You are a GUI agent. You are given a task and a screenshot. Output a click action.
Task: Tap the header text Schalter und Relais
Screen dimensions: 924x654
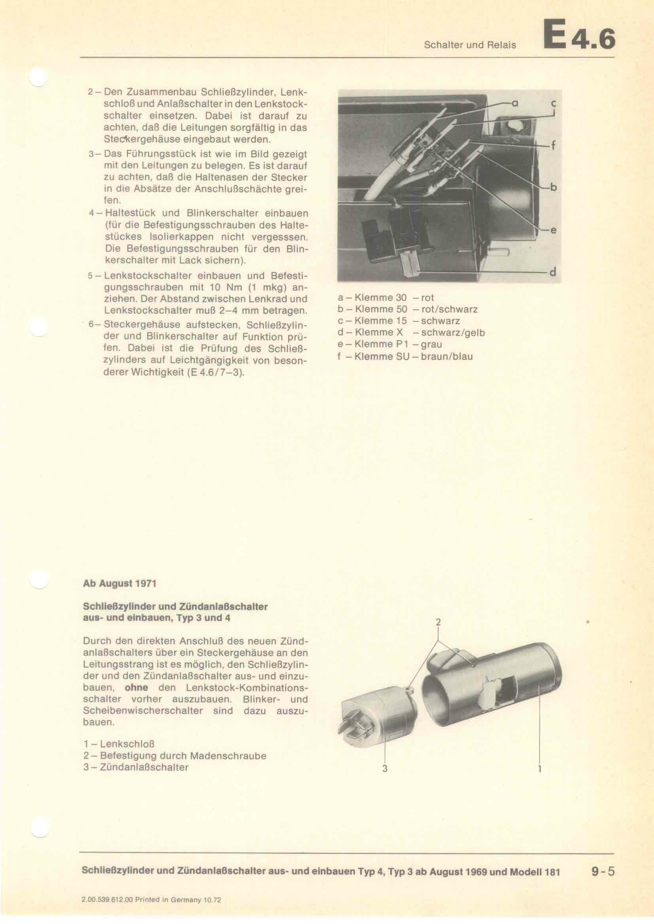[470, 45]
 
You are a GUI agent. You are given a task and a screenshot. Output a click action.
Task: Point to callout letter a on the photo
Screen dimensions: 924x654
[514, 104]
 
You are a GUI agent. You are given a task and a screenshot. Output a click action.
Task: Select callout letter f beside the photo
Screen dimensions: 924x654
[553, 146]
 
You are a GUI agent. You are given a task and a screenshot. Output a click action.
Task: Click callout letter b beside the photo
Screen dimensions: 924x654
[553, 187]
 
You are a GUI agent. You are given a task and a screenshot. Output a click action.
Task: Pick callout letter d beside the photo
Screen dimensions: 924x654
[552, 273]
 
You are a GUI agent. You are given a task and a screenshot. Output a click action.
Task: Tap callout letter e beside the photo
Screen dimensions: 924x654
[553, 230]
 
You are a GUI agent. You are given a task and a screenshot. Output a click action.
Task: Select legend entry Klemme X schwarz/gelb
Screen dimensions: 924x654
[411, 332]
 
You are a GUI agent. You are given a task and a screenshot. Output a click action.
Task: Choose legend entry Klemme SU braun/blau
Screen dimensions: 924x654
[405, 356]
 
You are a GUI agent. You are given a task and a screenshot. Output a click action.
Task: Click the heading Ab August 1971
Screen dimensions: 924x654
[119, 583]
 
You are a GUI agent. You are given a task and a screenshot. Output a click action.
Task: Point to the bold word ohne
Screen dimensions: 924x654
[136, 687]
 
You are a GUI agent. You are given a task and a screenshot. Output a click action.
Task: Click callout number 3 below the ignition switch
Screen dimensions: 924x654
[385, 769]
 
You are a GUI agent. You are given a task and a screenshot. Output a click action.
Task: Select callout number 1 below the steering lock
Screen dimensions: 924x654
[539, 769]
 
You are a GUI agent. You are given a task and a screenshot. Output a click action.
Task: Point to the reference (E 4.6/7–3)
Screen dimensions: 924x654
[216, 372]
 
